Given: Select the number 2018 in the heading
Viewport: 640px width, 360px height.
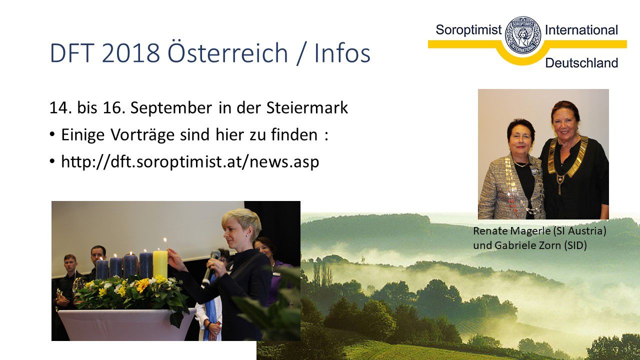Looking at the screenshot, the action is click(x=131, y=53).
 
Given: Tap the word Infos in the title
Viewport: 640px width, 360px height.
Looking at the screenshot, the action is click(x=342, y=53).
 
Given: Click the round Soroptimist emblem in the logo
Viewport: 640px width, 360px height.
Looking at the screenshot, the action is click(x=523, y=35).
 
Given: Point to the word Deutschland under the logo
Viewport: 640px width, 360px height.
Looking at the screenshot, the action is click(x=581, y=63).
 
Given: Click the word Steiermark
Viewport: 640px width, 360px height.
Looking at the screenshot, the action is click(x=307, y=107).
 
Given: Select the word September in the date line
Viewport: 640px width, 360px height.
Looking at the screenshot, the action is click(x=171, y=108).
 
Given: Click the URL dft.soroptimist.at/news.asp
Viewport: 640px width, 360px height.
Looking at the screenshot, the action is click(x=190, y=162).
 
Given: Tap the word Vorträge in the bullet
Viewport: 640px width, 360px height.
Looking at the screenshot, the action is click(x=142, y=135).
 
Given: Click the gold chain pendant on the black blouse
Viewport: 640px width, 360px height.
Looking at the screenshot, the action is click(x=560, y=183).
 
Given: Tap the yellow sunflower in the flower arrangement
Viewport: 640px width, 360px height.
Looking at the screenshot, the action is click(x=142, y=285).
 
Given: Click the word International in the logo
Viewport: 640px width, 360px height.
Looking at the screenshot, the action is click(x=581, y=30).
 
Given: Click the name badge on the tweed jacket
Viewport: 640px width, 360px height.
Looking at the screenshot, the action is click(x=533, y=171).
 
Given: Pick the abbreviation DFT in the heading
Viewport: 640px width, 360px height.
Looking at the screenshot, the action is click(x=72, y=53).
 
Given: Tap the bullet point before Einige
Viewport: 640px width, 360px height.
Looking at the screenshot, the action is click(x=51, y=134).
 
